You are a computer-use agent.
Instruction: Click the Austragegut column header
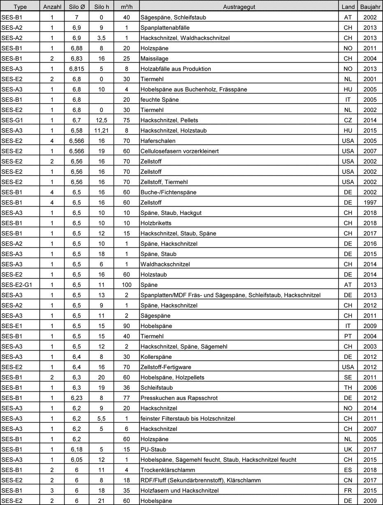(239, 7)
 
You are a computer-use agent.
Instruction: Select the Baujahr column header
(370, 7)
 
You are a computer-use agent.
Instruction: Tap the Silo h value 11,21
(101, 130)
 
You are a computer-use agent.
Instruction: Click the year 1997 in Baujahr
(370, 202)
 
